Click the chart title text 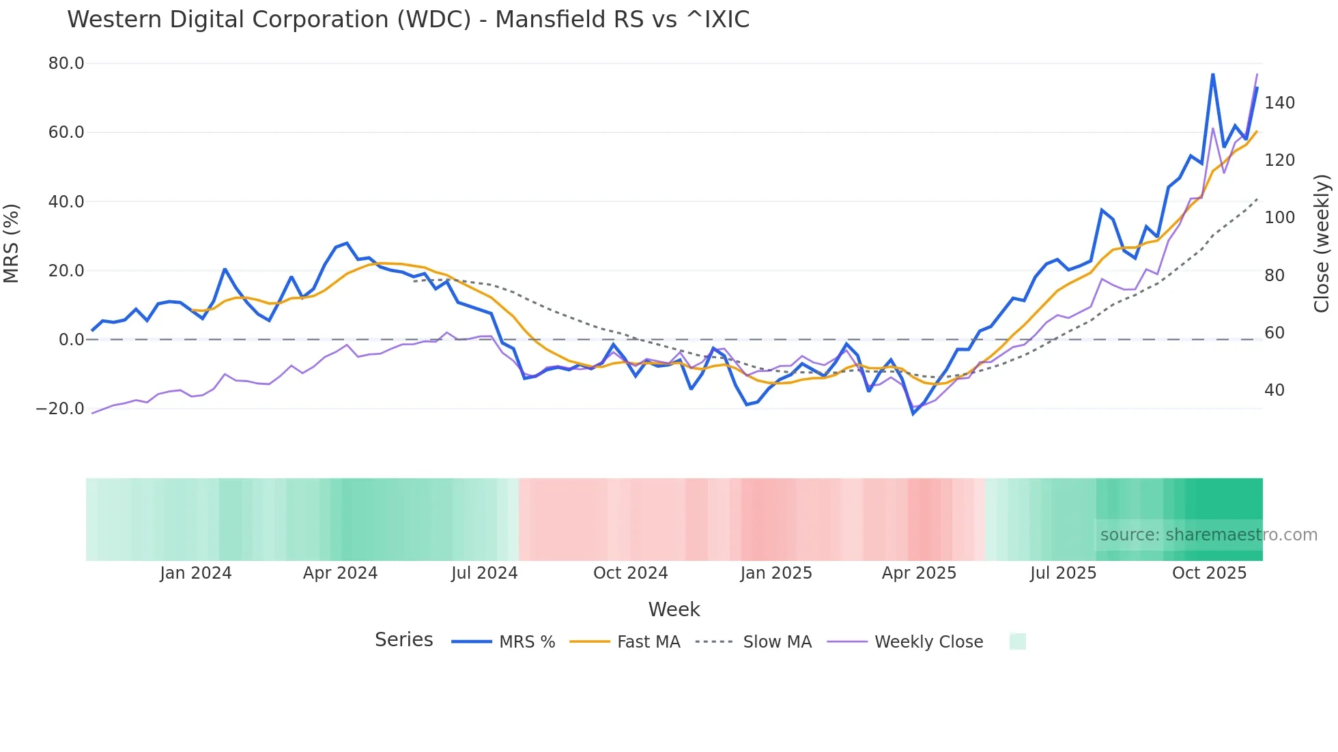click(408, 20)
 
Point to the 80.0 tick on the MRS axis click(66, 63)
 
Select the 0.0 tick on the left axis click(71, 340)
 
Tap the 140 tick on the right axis click(1279, 103)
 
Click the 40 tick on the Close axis click(1275, 390)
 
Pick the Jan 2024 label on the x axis click(196, 573)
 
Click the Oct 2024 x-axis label click(630, 573)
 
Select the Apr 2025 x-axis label click(919, 573)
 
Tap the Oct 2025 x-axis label click(1209, 573)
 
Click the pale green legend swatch click(1017, 641)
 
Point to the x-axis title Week click(674, 609)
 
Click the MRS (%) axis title click(12, 244)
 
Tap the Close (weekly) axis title click(1322, 244)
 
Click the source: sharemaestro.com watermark click(1208, 535)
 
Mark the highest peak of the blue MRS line click(1212, 74)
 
